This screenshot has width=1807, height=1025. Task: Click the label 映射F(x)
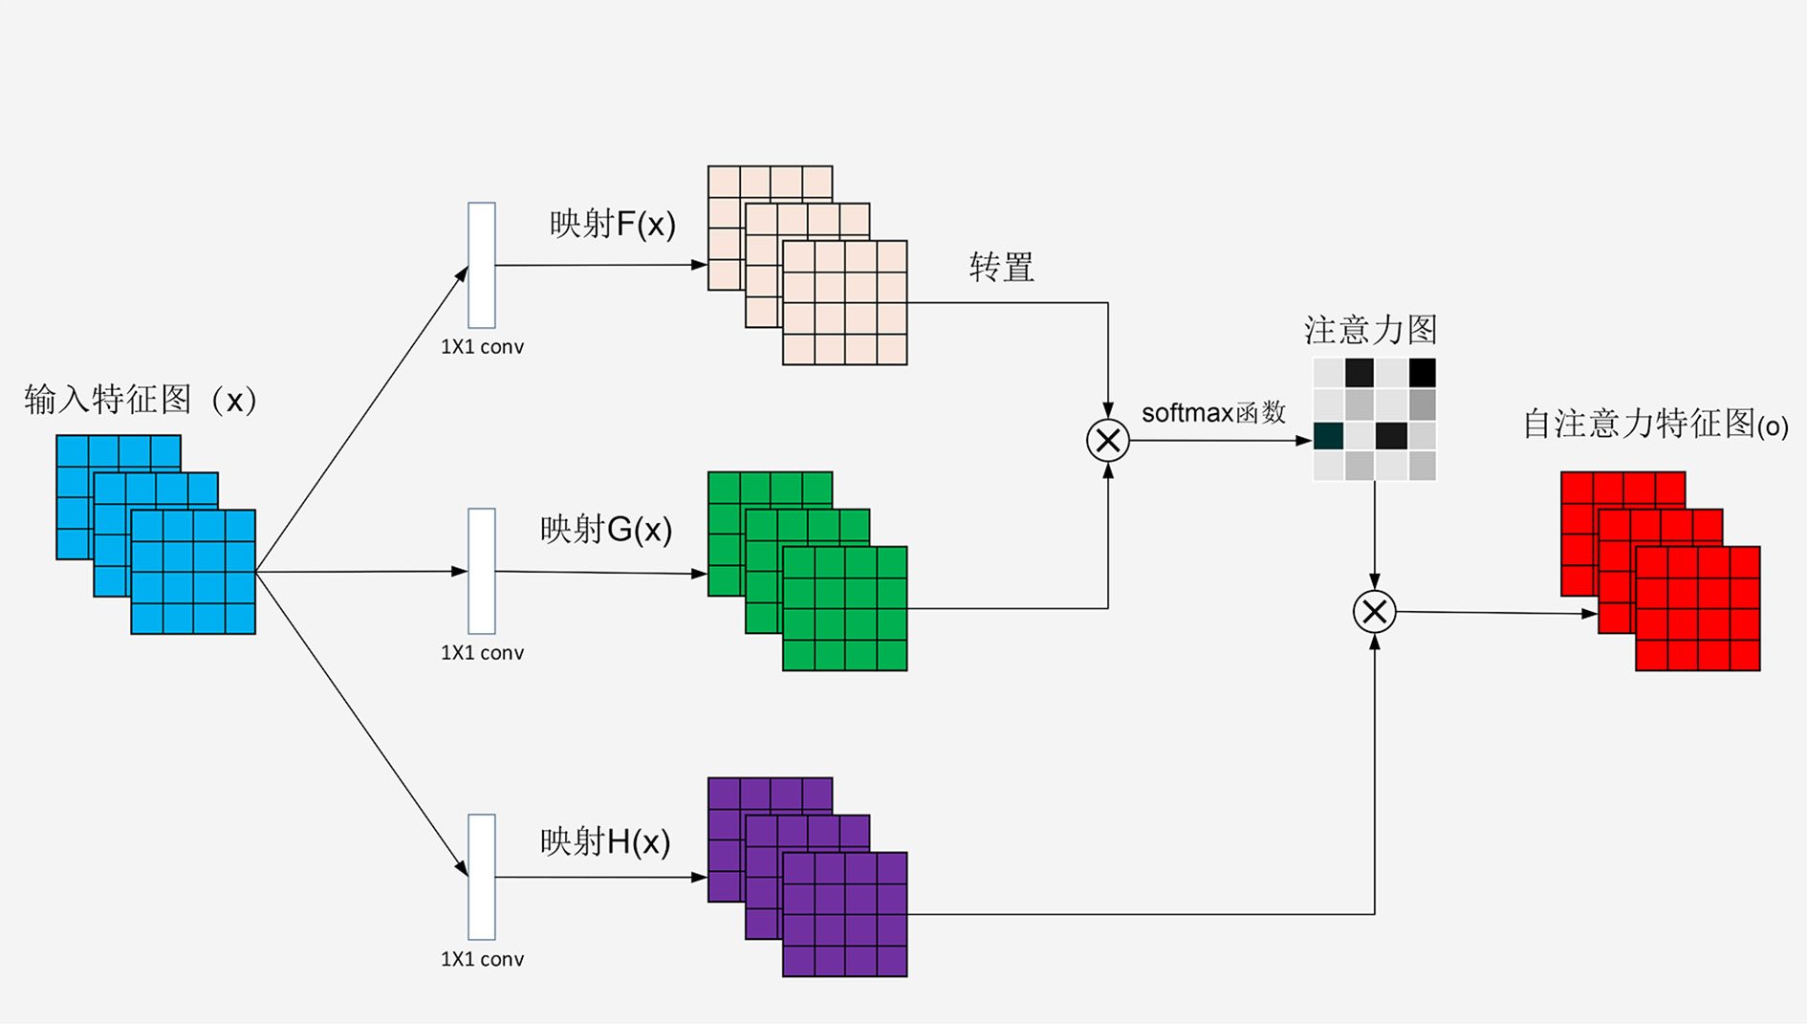click(x=612, y=225)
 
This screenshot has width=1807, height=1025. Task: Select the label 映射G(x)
click(x=606, y=529)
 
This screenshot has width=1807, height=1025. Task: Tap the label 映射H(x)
click(x=605, y=841)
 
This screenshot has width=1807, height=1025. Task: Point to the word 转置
click(x=1001, y=268)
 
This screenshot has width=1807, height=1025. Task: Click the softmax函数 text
click(x=1213, y=413)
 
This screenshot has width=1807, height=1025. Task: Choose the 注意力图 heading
click(x=1370, y=331)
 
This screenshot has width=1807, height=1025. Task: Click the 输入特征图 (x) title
click(x=141, y=400)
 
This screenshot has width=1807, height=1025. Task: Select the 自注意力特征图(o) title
click(x=1655, y=425)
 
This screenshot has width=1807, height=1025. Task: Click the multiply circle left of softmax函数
click(x=1108, y=441)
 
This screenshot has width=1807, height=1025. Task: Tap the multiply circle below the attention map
click(x=1374, y=612)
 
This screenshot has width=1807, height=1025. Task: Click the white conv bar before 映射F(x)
click(x=482, y=265)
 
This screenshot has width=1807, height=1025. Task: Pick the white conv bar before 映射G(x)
click(x=482, y=571)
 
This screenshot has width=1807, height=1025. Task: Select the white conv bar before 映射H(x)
click(x=482, y=877)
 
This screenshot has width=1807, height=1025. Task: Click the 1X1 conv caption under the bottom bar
click(x=482, y=959)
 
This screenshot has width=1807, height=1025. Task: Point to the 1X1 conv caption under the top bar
click(x=482, y=347)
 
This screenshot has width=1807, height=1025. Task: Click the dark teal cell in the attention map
click(x=1328, y=436)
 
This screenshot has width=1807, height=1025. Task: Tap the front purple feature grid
click(x=845, y=914)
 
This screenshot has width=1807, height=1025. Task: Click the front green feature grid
click(x=845, y=608)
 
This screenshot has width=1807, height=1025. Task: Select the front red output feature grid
click(x=1698, y=608)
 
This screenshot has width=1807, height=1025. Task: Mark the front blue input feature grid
click(x=193, y=572)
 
